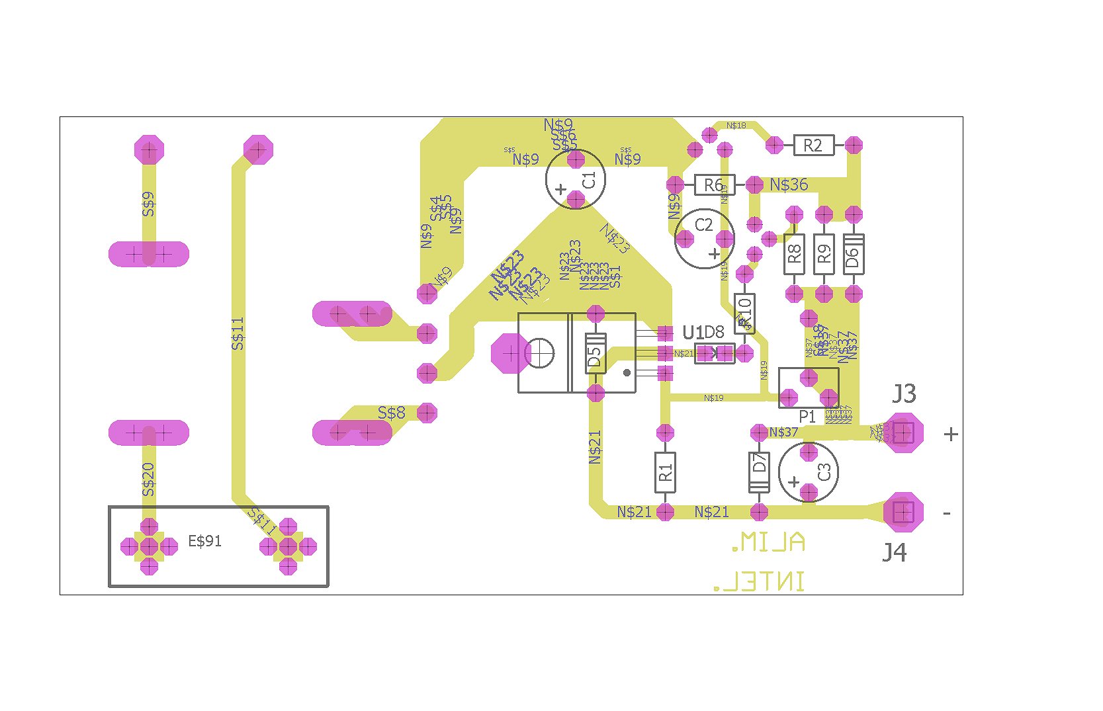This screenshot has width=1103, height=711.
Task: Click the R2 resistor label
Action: (x=813, y=146)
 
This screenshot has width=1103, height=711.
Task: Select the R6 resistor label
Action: (x=713, y=185)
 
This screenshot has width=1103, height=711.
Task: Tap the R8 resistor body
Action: (x=794, y=254)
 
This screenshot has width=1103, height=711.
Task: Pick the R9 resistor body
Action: (x=824, y=254)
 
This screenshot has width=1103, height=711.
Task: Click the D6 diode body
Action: (x=854, y=254)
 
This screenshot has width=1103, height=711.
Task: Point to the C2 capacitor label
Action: (x=703, y=225)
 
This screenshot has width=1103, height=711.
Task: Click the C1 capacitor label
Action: (x=589, y=180)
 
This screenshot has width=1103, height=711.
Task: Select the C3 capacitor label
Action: (x=824, y=472)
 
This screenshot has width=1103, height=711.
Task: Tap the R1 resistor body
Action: (x=665, y=472)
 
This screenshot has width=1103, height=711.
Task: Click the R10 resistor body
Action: (x=744, y=313)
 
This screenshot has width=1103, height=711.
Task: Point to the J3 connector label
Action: (x=904, y=394)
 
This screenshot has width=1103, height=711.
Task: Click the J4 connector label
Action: (x=894, y=552)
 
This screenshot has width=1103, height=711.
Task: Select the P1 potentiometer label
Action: (x=807, y=417)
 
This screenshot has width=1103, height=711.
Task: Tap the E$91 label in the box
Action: (x=204, y=541)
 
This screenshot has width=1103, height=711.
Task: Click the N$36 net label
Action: (x=789, y=185)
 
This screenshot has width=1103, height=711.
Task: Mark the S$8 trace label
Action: (x=391, y=413)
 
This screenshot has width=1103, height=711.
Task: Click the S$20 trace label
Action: (x=149, y=480)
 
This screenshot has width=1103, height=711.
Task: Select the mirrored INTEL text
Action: (x=759, y=582)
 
